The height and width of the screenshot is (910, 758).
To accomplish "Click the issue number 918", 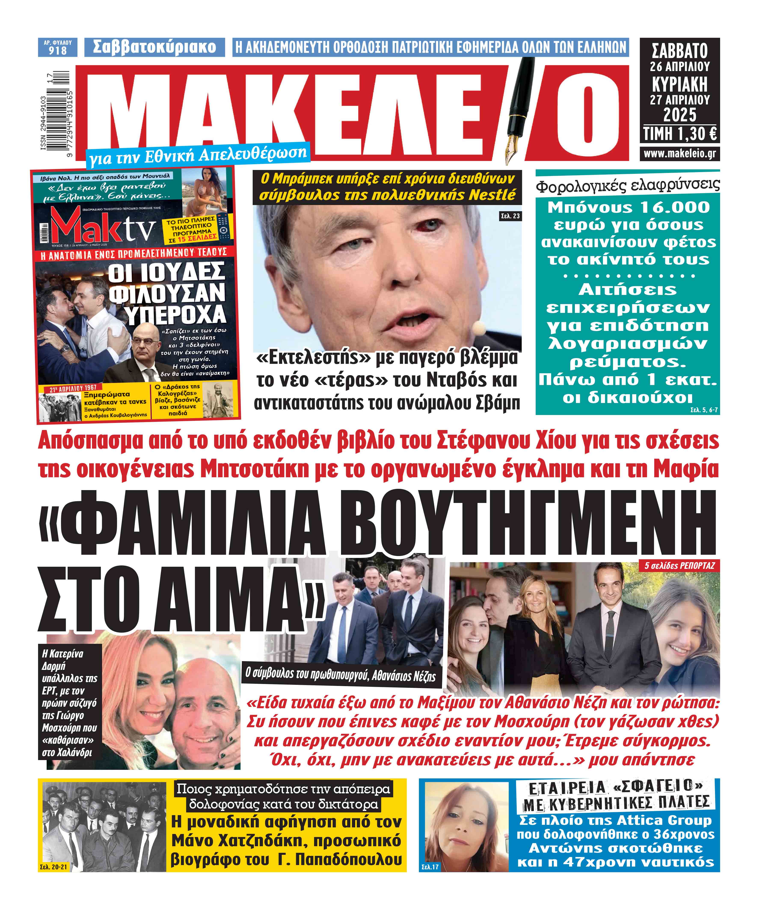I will [58, 51].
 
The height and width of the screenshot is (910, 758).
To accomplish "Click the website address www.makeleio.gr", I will [679, 154].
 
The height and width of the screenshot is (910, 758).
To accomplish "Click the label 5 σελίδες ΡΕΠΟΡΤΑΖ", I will [679, 565].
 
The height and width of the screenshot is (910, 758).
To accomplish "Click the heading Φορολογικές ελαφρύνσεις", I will [627, 185].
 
